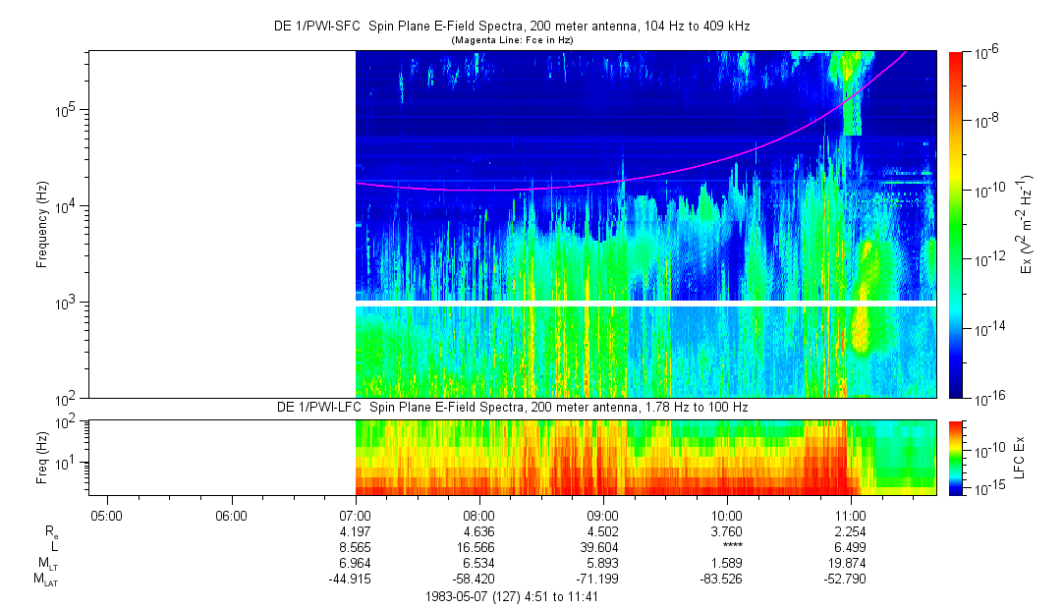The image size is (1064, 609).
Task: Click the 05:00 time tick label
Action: pyautogui.click(x=106, y=514)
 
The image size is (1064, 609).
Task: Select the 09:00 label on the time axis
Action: pyautogui.click(x=602, y=514)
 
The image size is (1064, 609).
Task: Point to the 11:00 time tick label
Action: pyautogui.click(x=851, y=514)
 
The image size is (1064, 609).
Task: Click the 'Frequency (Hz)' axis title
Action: pyautogui.click(x=41, y=224)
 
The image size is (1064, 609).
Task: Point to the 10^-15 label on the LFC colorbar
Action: pyautogui.click(x=984, y=487)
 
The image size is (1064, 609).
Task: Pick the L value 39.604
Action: pyautogui.click(x=602, y=547)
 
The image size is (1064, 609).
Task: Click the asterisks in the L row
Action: pyautogui.click(x=726, y=547)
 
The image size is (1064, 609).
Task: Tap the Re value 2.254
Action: pyautogui.click(x=851, y=530)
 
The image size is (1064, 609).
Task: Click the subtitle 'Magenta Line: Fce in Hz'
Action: pyautogui.click(x=512, y=40)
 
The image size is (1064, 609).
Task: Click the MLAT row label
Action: pyautogui.click(x=45, y=581)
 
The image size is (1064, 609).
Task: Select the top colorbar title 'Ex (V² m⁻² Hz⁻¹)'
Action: pyautogui.click(x=1026, y=224)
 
